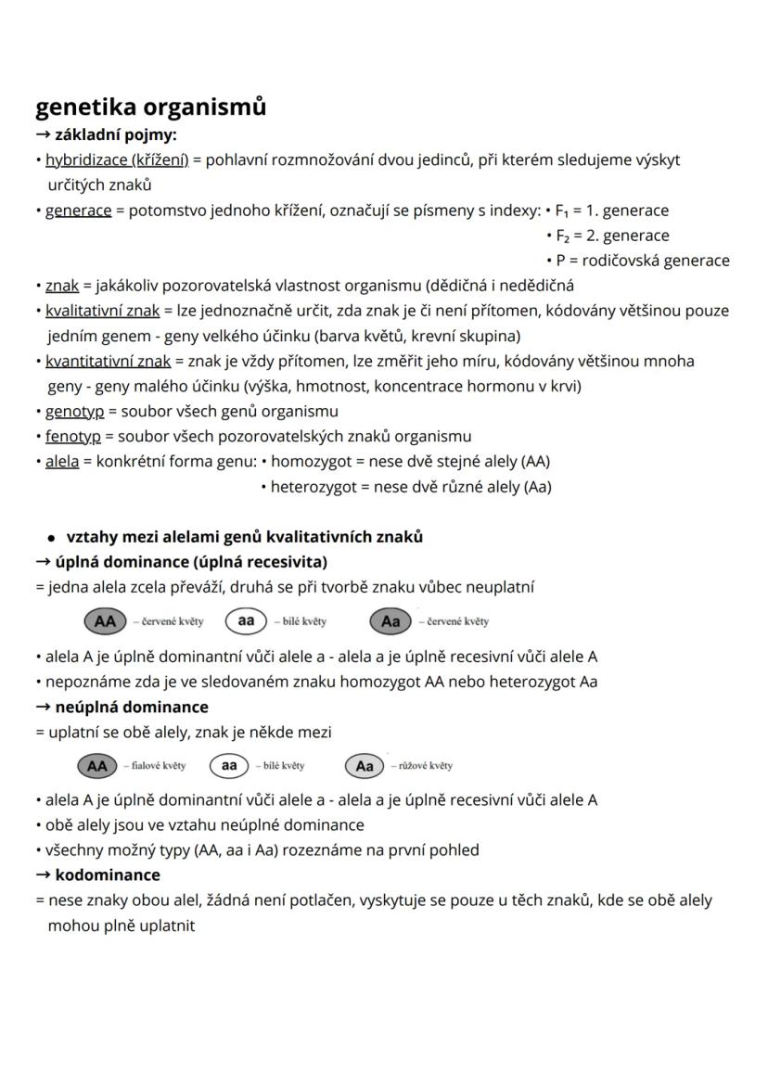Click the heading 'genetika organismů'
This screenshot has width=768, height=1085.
150,108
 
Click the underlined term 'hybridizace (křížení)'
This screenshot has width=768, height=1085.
117,160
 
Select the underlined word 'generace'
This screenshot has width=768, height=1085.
78,211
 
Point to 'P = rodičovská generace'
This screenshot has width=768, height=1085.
643,261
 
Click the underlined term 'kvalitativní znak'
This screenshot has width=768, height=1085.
103,311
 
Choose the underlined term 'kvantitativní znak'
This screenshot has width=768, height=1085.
108,361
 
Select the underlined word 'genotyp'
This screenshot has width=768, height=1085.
74,411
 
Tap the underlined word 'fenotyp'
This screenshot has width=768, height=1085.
73,436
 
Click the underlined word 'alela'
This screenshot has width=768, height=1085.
62,461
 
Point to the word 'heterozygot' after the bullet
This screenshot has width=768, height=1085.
311,486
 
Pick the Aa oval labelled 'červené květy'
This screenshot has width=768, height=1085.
390,620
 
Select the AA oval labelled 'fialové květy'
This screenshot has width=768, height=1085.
96,765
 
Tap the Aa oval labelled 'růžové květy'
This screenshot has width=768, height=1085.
365,765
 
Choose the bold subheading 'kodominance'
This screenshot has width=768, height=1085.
108,874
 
